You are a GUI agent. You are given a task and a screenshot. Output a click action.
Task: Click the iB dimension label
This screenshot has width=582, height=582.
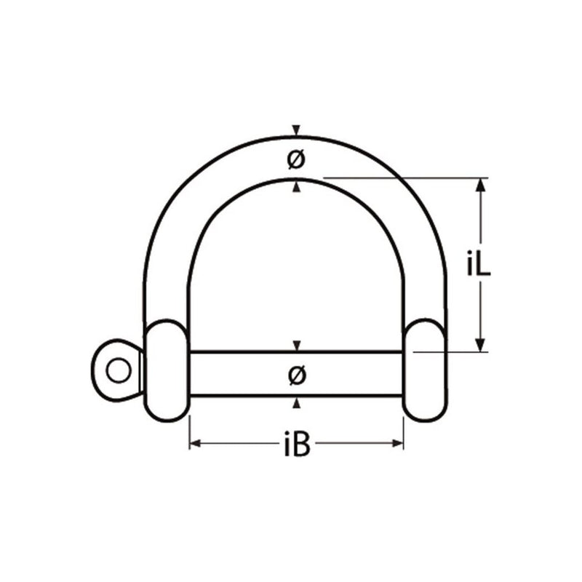[296, 445]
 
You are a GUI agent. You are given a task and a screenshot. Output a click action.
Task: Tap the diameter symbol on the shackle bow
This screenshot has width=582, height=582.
[295, 160]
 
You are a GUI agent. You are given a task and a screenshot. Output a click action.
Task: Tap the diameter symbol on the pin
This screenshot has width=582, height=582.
[295, 375]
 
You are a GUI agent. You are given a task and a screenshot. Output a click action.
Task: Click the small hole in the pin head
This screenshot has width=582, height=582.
[115, 370]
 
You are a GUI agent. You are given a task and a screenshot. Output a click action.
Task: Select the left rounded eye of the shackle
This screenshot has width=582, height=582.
[167, 370]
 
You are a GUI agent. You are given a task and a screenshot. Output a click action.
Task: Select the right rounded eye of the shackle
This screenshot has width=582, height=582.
[424, 370]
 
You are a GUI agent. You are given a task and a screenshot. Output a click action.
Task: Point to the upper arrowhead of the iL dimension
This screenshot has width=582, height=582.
[479, 185]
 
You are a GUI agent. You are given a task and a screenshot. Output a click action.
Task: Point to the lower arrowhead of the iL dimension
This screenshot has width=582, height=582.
[479, 345]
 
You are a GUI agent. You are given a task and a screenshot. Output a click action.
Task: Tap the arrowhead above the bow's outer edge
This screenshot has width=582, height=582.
[295, 131]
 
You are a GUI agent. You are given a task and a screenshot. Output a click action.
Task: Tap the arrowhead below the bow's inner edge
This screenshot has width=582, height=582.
[295, 188]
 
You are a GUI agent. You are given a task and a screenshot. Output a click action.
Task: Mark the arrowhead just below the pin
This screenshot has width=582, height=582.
[295, 402]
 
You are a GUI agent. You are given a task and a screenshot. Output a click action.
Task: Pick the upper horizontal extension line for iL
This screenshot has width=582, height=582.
[407, 177]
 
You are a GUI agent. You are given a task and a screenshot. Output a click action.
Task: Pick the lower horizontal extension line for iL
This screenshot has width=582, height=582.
[451, 352]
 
